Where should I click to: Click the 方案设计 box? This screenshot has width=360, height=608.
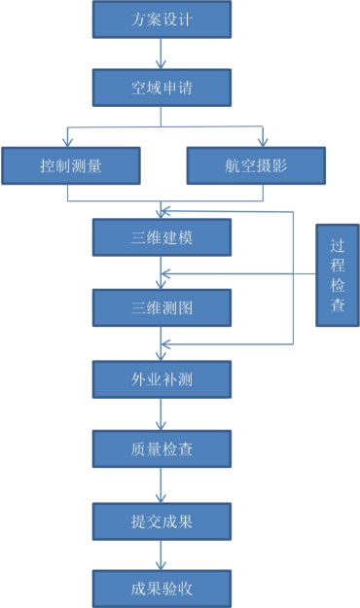tap(162, 19)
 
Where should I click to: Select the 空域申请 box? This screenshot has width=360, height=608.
tap(162, 88)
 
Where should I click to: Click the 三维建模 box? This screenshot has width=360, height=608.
tap(162, 236)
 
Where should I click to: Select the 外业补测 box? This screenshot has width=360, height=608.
tap(162, 378)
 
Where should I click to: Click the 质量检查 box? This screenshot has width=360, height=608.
tap(162, 448)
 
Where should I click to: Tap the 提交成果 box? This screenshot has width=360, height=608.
tap(162, 519)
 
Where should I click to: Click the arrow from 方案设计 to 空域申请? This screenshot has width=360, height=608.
tap(162, 54)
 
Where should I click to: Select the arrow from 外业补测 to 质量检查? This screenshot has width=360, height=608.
tap(162, 413)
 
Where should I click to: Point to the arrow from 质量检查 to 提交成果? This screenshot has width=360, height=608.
tap(162, 483)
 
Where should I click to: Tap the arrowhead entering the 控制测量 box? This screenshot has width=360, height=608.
tap(66, 141)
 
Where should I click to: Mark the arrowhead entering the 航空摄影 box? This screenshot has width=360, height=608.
tap(262, 141)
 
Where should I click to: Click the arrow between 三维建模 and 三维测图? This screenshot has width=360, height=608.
tap(162, 272)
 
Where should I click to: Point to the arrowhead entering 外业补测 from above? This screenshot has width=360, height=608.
tap(162, 355)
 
